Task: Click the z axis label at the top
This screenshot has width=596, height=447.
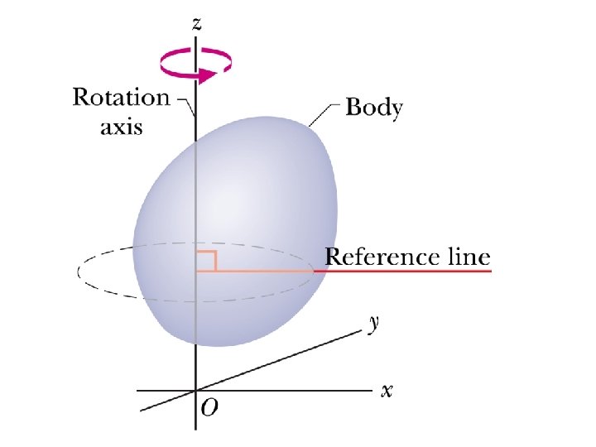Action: (196, 24)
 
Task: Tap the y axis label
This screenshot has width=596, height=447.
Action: (374, 324)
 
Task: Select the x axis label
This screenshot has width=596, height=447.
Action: (386, 390)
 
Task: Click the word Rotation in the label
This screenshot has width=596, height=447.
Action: (121, 99)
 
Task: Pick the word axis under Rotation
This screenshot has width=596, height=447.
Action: (122, 127)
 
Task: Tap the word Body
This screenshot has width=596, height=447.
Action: (373, 108)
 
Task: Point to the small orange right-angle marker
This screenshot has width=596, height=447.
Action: (207, 260)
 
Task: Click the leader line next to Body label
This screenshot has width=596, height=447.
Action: (325, 112)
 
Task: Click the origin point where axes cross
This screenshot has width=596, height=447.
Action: (195, 390)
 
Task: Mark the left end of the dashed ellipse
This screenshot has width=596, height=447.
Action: (78, 272)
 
